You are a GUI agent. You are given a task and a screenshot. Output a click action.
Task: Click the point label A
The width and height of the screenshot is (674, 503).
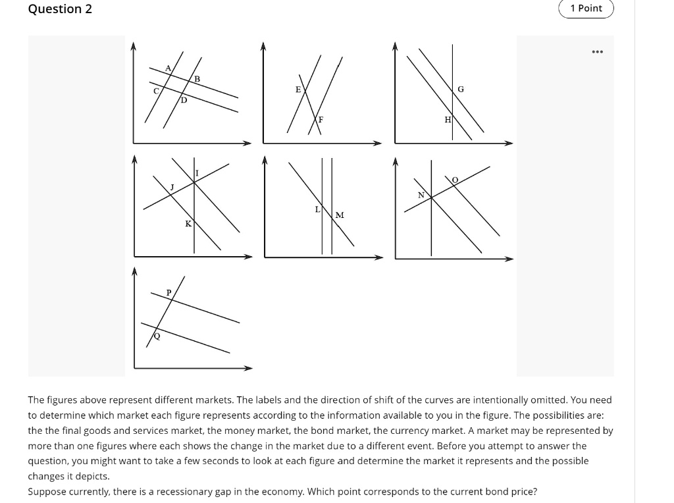coord(168,68)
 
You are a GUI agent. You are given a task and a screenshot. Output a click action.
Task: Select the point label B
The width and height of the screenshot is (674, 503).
coord(197,79)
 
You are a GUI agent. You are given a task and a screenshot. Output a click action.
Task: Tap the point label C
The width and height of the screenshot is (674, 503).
coord(156,91)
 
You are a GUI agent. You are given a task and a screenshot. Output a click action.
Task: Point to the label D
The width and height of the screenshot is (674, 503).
coord(184,101)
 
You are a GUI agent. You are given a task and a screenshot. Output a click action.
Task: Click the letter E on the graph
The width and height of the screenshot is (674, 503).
coord(298,89)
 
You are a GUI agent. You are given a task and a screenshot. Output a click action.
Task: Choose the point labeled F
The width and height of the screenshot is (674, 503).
coord(321,120)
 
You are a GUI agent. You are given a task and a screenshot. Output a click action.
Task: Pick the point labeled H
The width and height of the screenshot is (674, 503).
coord(448,119)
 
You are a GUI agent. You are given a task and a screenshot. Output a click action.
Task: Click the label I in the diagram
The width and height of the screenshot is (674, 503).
coord(197,173)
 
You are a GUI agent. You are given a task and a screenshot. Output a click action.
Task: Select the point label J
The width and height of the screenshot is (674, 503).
coord(172,188)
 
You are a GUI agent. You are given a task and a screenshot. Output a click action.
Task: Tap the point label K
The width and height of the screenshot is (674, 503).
coord(188,224)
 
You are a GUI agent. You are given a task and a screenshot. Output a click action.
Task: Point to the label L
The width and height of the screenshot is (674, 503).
coord(317,209)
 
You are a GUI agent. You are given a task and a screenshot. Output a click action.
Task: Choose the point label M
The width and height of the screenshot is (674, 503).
coord(340,215)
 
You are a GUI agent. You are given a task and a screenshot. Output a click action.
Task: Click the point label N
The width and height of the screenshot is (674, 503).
coord(421,195)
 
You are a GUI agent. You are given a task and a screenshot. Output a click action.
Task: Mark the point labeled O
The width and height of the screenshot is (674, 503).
coord(454,179)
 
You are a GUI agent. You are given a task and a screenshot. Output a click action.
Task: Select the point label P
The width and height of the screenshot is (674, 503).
coord(168,292)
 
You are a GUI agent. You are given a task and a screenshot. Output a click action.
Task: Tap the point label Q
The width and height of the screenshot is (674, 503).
coord(157,336)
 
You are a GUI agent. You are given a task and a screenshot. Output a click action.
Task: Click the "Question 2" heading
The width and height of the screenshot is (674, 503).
coord(60,9)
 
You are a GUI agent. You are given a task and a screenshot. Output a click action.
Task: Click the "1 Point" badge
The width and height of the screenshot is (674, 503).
coord(586,9)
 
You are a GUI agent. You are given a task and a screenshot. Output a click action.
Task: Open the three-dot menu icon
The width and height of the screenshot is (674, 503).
coord(597,51)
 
